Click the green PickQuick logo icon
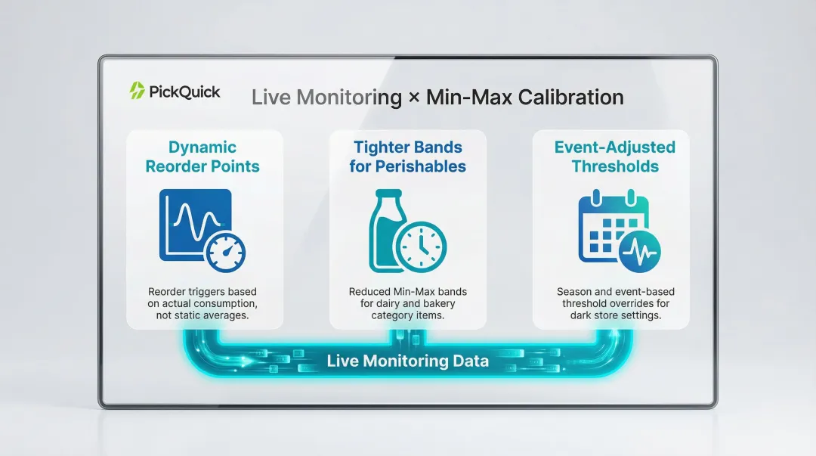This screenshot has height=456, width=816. pos(137,92)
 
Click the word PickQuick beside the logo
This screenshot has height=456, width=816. pos(184,92)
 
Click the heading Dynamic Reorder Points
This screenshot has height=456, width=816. pos(202,157)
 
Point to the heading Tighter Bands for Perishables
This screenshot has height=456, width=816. pos(408,157)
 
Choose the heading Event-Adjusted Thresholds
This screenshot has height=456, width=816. pos(614,157)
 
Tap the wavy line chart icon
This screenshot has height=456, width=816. pos(193,224)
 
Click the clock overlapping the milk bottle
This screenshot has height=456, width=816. pos(421,247)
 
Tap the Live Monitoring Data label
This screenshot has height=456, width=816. pos(407,361)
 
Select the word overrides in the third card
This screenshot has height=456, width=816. pos(623,303)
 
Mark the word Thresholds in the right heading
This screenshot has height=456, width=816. pos(614,166)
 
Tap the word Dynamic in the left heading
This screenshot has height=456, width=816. pos(202,147)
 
